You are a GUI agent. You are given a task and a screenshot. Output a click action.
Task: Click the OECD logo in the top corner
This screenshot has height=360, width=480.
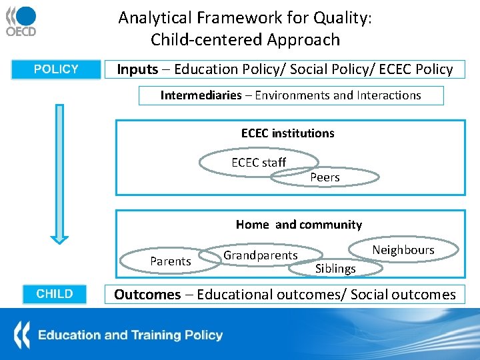(x=21, y=21)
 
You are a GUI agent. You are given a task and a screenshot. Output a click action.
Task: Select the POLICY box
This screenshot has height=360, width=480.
(x=56, y=69)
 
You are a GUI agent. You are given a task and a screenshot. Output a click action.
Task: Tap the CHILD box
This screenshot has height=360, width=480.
(x=55, y=294)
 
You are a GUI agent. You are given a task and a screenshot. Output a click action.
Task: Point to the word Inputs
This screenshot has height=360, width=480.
(x=137, y=69)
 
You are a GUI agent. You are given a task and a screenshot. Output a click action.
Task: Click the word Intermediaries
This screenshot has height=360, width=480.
(x=201, y=95)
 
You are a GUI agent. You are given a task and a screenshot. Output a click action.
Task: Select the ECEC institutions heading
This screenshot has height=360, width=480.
(x=287, y=133)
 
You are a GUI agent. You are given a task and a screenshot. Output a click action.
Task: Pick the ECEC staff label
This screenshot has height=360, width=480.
(x=259, y=163)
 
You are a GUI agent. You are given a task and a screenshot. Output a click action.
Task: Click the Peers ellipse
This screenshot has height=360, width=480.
(x=325, y=177)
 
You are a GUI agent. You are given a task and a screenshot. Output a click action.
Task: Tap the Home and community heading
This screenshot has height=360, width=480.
(x=299, y=225)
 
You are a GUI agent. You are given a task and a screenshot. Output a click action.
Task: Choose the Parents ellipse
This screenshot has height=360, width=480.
(x=171, y=261)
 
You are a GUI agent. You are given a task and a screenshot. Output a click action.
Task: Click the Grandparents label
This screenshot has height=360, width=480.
(x=260, y=255)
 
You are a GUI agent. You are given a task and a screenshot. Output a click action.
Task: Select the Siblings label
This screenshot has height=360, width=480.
(x=335, y=269)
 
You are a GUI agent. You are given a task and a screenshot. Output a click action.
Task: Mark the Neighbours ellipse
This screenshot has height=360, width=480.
(x=403, y=250)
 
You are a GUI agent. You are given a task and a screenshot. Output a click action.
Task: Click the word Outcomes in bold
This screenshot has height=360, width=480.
(x=147, y=294)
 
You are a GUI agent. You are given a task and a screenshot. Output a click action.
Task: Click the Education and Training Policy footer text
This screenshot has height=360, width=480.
(x=130, y=335)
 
